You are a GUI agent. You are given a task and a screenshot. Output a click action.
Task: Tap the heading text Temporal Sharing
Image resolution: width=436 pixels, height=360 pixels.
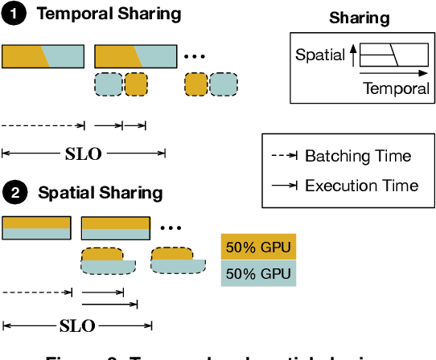tap(109, 14)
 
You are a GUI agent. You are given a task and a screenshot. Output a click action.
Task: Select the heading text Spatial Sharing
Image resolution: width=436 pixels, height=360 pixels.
tap(100, 193)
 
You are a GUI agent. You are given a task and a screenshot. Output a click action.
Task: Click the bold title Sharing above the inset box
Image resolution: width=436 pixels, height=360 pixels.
tap(359, 18)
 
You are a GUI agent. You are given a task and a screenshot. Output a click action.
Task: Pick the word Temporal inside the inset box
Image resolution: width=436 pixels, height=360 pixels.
tap(396, 88)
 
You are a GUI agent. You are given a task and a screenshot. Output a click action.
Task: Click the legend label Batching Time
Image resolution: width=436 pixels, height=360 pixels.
tap(357, 156)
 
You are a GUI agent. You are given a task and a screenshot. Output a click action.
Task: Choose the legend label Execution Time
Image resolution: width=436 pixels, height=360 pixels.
tap(361, 186)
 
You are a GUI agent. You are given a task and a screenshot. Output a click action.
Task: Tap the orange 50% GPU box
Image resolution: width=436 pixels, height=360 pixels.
tap(259, 247)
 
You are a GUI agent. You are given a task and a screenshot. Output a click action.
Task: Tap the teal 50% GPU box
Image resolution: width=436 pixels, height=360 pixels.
tap(259, 273)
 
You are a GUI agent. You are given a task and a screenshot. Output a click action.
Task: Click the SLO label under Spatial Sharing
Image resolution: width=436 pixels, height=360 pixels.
tap(77, 325)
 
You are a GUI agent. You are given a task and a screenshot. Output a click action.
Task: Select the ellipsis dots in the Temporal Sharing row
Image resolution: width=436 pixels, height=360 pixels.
tap(194, 58)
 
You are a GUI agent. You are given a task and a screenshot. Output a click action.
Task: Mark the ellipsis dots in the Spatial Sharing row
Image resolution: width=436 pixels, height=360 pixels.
tap(171, 227)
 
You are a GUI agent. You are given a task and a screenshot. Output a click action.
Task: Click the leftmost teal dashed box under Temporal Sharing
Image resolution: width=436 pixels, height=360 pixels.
tap(108, 84)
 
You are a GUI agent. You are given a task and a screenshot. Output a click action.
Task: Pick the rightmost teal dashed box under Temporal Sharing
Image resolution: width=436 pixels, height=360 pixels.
tap(224, 84)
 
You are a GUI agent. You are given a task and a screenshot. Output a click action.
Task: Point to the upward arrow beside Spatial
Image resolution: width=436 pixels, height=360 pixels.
tap(353, 55)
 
